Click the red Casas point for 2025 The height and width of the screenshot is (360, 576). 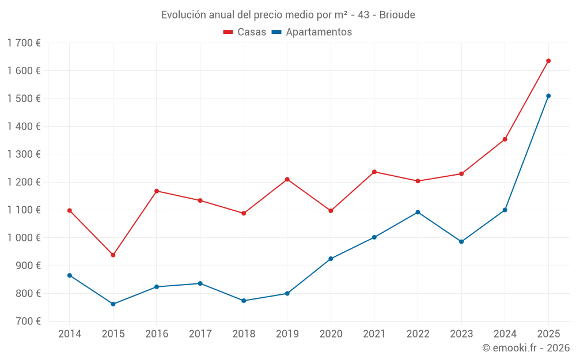(548, 60)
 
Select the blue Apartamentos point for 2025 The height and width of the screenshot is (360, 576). (548, 96)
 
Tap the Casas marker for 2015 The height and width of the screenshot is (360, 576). (113, 255)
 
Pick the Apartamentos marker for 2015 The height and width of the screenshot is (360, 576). (113, 304)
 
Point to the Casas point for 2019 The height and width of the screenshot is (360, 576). (287, 179)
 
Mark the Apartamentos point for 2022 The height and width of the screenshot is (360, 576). (418, 212)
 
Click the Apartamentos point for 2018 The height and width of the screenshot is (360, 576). (244, 301)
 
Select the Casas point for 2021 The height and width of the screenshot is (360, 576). (374, 172)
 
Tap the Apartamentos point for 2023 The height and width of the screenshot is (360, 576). (461, 241)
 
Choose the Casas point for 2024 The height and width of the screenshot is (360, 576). (505, 139)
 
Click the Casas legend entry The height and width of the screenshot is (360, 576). (245, 32)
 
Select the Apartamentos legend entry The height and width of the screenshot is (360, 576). (312, 32)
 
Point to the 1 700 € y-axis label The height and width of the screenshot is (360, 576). (24, 43)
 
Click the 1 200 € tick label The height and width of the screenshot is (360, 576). (24, 182)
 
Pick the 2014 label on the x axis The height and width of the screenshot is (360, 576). (70, 334)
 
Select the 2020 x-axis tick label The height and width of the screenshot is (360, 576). (331, 334)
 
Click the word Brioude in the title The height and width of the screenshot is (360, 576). (397, 14)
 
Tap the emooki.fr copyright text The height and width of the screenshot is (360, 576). (525, 348)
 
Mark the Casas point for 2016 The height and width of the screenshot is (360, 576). (157, 191)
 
